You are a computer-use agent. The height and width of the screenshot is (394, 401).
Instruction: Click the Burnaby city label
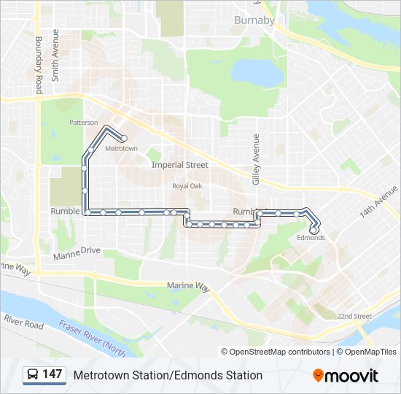click(x=254, y=20)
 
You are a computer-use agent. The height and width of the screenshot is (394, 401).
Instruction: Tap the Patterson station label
click(x=83, y=123)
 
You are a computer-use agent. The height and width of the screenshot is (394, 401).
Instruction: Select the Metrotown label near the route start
click(x=121, y=148)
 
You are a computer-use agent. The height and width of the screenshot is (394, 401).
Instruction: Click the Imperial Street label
click(x=179, y=165)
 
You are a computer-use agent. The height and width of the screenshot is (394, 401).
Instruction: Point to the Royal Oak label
click(x=187, y=186)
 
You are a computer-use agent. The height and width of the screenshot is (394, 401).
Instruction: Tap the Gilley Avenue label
click(x=256, y=159)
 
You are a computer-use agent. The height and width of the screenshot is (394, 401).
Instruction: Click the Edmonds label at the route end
click(x=311, y=238)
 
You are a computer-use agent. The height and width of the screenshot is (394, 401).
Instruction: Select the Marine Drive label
click(x=75, y=251)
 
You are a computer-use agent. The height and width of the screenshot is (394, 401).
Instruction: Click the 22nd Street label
click(x=354, y=316)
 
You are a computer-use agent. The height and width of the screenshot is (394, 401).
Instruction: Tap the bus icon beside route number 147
click(x=33, y=375)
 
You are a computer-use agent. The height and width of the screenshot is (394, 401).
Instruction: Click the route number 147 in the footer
click(x=52, y=374)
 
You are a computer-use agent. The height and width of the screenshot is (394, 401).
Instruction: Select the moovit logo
click(x=346, y=376)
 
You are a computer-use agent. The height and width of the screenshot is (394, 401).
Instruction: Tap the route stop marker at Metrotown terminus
click(x=124, y=138)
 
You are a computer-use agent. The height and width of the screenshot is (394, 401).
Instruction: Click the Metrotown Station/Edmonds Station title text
click(x=168, y=375)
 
